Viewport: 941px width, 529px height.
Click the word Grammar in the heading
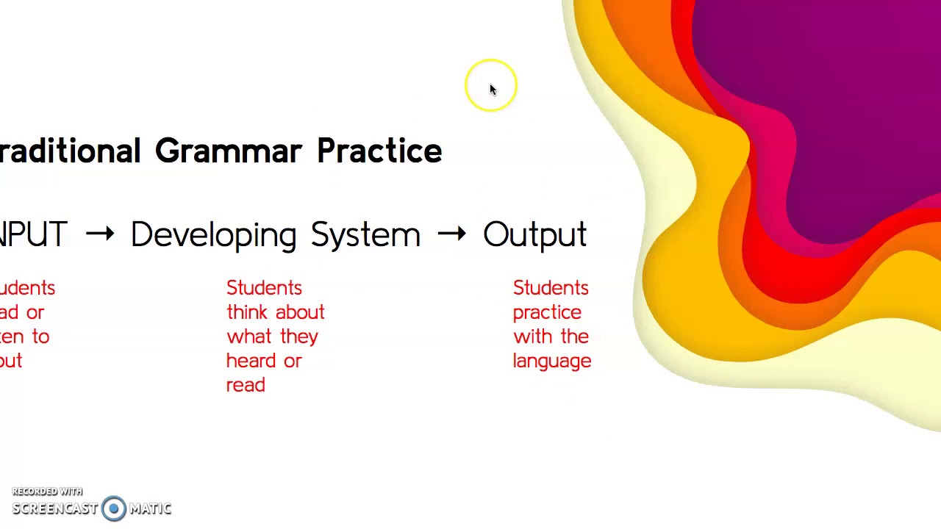(228, 151)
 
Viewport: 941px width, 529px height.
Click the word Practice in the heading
(379, 151)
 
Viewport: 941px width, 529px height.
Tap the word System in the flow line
(365, 235)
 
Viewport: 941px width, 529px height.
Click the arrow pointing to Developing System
(100, 234)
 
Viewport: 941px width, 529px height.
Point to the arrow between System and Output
(451, 234)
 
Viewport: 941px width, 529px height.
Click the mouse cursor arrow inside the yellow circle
(493, 90)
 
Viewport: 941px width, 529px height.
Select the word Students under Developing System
(264, 288)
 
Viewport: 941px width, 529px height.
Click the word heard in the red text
(254, 361)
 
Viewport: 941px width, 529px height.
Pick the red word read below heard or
(246, 385)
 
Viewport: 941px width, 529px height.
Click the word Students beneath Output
(551, 288)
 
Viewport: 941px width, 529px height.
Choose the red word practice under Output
(547, 312)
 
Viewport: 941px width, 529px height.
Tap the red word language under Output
(552, 361)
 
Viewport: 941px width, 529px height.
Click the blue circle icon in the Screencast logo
(114, 508)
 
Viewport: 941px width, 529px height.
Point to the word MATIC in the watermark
(151, 508)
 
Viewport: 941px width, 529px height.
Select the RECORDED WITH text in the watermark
(47, 492)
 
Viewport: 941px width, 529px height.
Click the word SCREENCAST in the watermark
(55, 508)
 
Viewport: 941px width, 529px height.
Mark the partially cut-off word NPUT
(33, 235)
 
